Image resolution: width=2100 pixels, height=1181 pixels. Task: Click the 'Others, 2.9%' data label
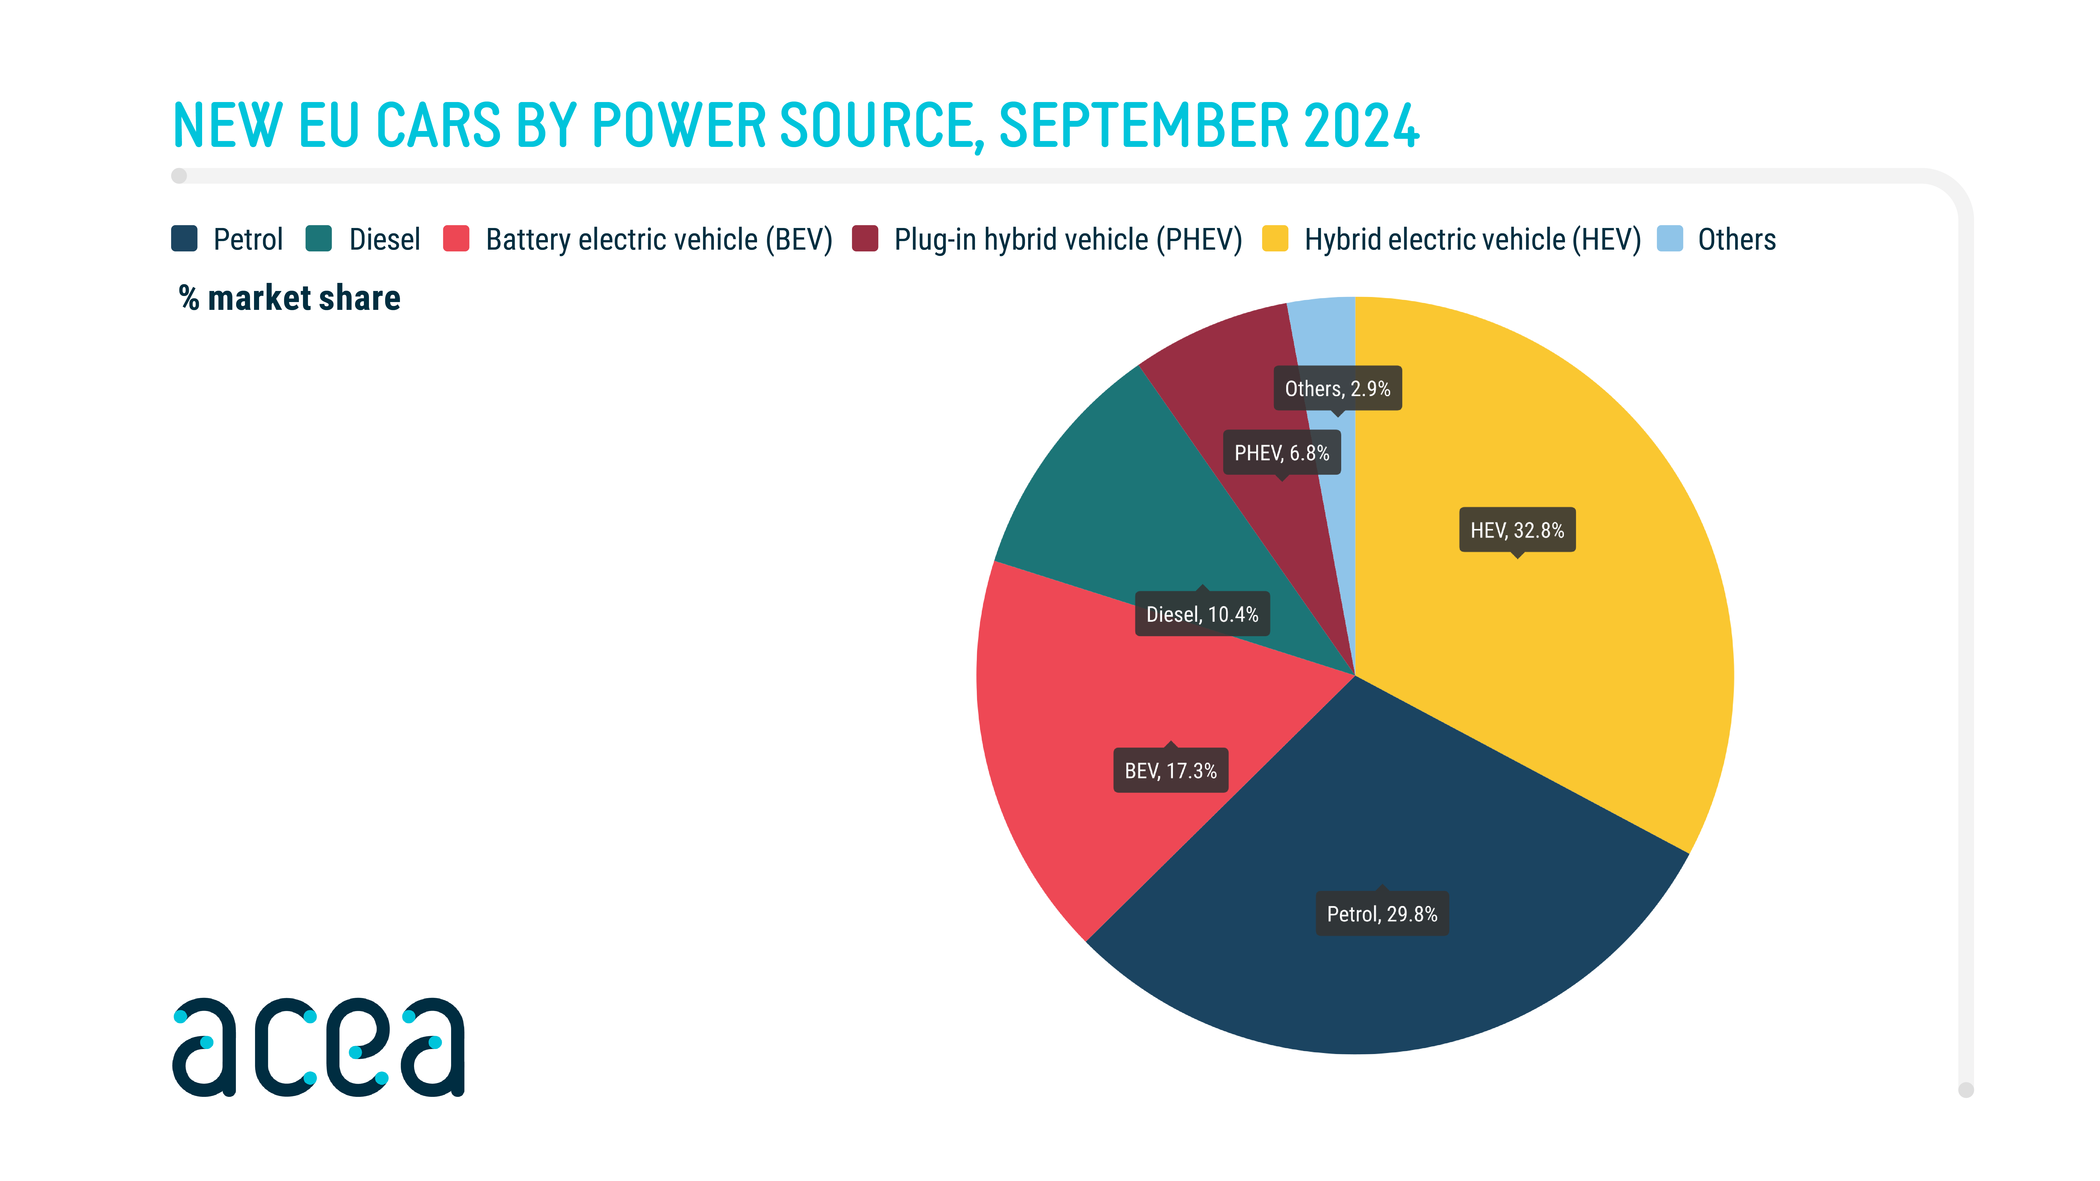1337,389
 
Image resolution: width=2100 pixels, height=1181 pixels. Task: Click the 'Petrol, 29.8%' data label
1382,914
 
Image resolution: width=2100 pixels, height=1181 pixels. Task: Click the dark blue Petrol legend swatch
184,239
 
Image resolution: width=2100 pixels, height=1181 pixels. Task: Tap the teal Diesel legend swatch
319,239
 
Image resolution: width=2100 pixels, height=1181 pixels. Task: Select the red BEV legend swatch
456,239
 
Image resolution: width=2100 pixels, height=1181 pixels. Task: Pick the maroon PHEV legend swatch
865,239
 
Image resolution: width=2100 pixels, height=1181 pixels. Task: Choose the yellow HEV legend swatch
1275,239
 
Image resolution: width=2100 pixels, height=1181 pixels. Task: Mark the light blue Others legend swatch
1670,239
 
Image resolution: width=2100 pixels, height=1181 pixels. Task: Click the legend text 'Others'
1736,240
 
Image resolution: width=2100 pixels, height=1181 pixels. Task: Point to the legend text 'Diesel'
384,240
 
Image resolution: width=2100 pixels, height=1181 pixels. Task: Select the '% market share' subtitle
289,298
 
